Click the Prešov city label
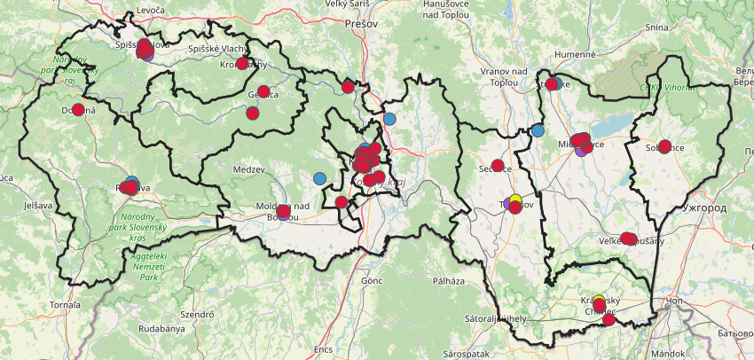tap(362, 24)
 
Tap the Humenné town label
tap(575, 54)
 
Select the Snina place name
tap(656, 27)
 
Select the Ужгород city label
tap(705, 207)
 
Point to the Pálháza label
tap(449, 281)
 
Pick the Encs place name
tap(323, 349)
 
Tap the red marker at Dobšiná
tap(78, 110)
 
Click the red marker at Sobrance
tap(664, 146)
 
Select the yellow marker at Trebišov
tap(515, 199)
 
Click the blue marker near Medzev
tap(320, 178)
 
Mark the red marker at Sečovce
tap(498, 165)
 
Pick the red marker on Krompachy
tap(242, 64)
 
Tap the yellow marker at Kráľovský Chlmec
tap(599, 300)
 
